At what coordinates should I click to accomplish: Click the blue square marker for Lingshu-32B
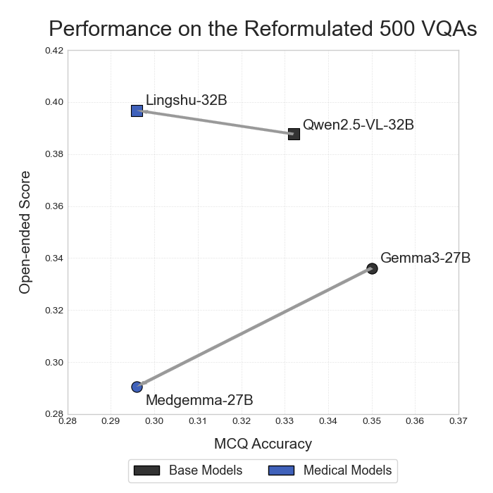tap(137, 111)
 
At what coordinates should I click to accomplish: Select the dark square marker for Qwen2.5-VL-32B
tap(294, 134)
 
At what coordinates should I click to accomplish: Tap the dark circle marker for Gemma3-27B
tap(372, 268)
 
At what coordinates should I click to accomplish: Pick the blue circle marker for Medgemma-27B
tap(137, 387)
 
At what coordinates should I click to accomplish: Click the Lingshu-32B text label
tap(186, 100)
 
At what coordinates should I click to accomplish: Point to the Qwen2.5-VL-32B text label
tap(358, 125)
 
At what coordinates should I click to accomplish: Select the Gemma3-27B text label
tap(425, 258)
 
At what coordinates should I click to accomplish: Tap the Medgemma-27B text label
tap(199, 400)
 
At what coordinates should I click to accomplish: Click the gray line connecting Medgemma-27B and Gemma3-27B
tap(254, 327)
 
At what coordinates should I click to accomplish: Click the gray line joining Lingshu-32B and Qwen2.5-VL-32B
tap(216, 123)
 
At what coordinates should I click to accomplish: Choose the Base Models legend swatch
tap(146, 470)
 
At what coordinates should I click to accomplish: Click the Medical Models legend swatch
tap(281, 470)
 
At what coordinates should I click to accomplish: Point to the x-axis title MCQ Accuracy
tap(263, 444)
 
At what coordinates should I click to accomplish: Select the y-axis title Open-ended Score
tap(25, 232)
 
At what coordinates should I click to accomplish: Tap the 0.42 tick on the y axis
tap(55, 51)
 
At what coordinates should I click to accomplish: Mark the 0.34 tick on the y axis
tap(55, 258)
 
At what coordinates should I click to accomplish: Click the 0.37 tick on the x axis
tap(458, 421)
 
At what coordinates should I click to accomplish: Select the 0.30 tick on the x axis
tap(154, 421)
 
